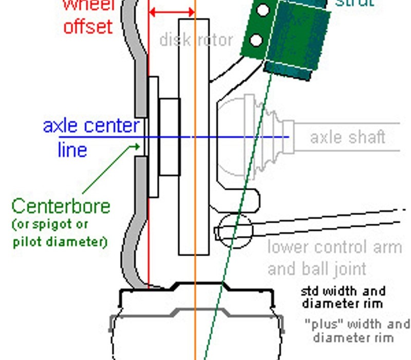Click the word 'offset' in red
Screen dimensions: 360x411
point(88,25)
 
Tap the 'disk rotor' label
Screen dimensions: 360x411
point(196,40)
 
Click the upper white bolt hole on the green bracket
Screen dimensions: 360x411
point(263,10)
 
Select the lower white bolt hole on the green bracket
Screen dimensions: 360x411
point(256,40)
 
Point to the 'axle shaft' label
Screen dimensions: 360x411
point(347,137)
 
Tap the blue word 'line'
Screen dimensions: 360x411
point(72,150)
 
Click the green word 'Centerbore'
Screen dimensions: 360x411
point(61,206)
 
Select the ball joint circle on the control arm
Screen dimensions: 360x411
point(235,230)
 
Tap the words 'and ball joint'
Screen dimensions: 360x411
point(316,268)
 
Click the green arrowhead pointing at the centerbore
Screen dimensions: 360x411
point(137,147)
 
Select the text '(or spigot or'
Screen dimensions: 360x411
point(49,224)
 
